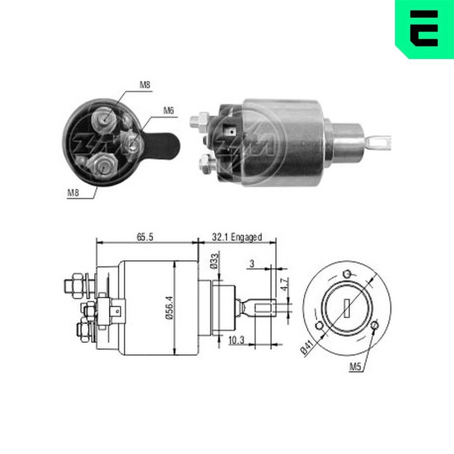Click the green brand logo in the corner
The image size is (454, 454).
point(424,29)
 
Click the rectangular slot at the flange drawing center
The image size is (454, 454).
point(347,308)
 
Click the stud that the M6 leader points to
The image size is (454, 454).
point(133,144)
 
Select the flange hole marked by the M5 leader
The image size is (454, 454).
point(375,326)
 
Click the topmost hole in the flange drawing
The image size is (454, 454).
point(347,274)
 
